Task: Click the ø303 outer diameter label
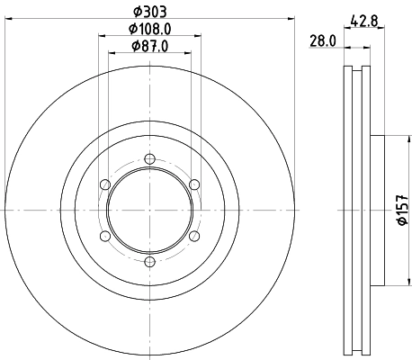(x=149, y=12)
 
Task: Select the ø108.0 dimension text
(x=149, y=30)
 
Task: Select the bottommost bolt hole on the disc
(x=149, y=262)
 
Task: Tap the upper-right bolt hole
(x=193, y=184)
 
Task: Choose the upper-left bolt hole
(x=105, y=184)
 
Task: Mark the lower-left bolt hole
(x=105, y=236)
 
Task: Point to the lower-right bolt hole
(x=193, y=236)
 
